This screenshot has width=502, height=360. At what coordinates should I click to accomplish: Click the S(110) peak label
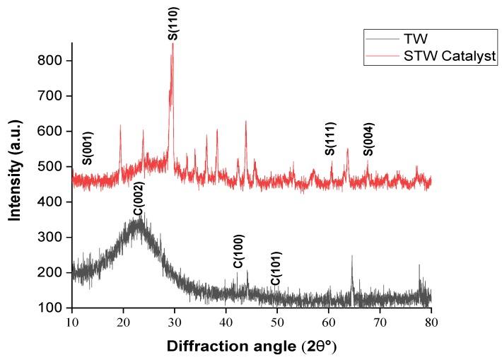point(173,22)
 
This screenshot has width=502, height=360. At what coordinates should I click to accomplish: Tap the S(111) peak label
point(330,139)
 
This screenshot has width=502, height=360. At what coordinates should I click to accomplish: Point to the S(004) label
point(368,139)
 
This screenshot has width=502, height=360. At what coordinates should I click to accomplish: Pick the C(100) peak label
point(238,251)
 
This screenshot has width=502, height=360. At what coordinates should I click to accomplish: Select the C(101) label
point(276,269)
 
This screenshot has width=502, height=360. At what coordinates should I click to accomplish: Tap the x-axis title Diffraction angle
point(251,347)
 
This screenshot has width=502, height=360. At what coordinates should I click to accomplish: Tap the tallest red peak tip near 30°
point(173,44)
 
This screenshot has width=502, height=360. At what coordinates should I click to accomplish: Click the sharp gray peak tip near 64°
point(352,256)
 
